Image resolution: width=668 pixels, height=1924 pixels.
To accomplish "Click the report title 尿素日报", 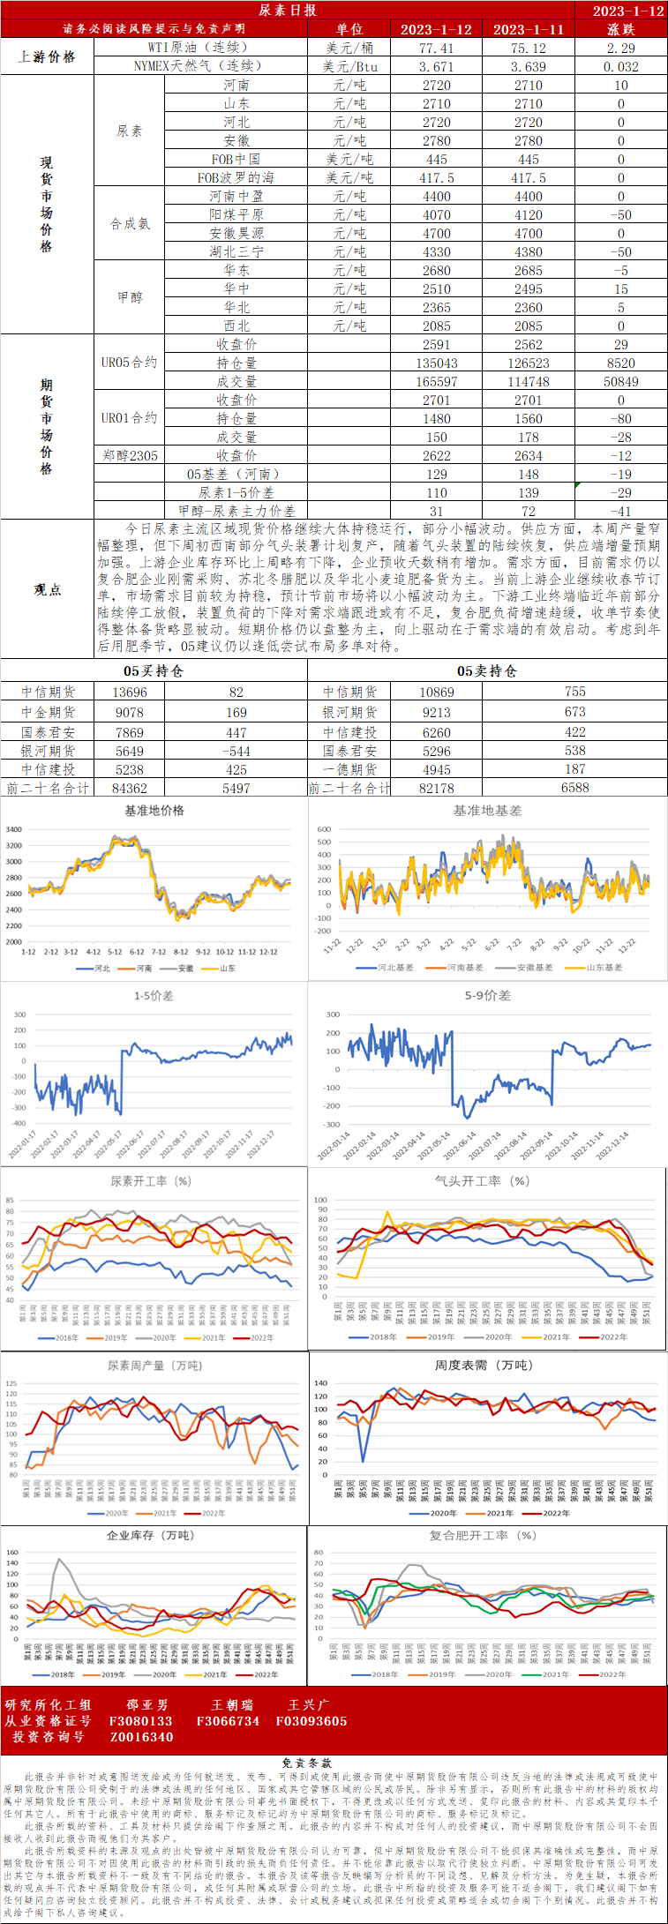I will click(287, 10).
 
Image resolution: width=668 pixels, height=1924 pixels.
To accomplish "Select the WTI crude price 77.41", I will click(436, 48).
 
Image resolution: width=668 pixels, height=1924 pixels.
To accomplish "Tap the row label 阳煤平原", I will click(236, 214).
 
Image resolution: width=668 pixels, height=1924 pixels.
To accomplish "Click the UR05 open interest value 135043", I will click(436, 363).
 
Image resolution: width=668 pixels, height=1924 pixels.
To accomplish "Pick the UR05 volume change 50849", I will click(620, 381).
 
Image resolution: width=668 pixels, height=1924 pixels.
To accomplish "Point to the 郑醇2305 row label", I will click(129, 455).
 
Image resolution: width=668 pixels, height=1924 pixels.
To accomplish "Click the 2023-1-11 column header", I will click(528, 29).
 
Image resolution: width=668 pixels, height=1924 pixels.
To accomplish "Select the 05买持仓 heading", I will click(154, 671).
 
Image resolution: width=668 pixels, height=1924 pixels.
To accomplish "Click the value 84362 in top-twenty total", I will click(130, 788).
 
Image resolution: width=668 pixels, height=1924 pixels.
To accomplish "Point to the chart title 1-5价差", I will click(154, 995).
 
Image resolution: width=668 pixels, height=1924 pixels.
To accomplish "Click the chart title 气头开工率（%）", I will click(482, 1180).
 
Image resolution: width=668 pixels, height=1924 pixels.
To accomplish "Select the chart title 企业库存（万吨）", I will click(150, 1535).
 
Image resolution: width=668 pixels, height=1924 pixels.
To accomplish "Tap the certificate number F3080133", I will click(140, 1721).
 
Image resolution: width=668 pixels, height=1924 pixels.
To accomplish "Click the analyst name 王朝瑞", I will click(232, 1705).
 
